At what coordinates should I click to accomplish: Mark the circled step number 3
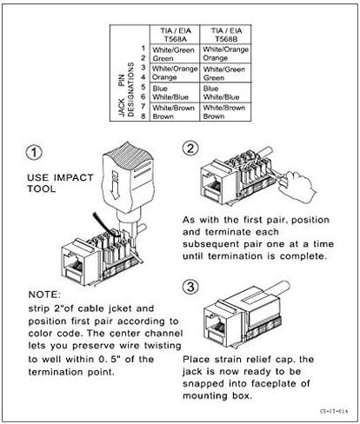click(190, 284)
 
